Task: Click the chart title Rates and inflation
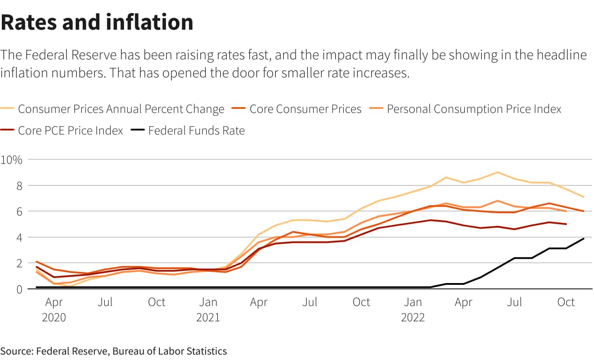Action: click(x=97, y=22)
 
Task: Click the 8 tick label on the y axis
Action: click(x=19, y=185)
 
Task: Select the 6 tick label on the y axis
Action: click(x=19, y=211)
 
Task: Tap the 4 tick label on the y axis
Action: click(x=19, y=237)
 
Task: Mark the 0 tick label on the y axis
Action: click(x=19, y=289)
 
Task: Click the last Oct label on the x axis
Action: click(x=566, y=302)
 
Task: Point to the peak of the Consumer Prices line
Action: click(x=497, y=172)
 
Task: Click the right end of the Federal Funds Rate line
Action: click(x=584, y=238)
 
